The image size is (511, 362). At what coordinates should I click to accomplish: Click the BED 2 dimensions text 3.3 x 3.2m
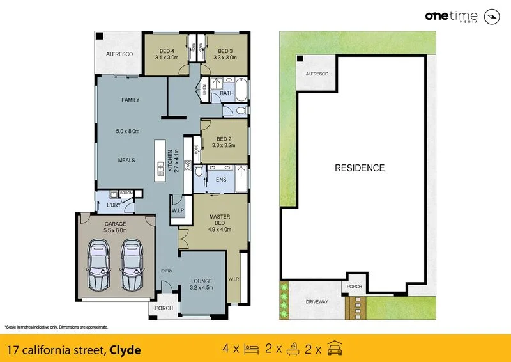pyautogui.click(x=224, y=145)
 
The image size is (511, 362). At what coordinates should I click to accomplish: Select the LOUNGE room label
pyautogui.click(x=201, y=280)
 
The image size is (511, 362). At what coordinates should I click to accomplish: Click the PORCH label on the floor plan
pyautogui.click(x=164, y=308)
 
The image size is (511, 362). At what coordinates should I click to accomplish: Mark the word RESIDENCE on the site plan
pyautogui.click(x=360, y=168)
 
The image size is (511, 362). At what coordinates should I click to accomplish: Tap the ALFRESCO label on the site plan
pyautogui.click(x=317, y=74)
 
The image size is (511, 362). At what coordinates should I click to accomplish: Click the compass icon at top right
pyautogui.click(x=492, y=17)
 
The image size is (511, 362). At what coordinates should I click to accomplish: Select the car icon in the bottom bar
pyautogui.click(x=334, y=349)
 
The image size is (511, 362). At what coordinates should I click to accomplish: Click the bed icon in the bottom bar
pyautogui.click(x=251, y=349)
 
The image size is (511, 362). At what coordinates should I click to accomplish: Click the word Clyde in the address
pyautogui.click(x=125, y=350)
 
